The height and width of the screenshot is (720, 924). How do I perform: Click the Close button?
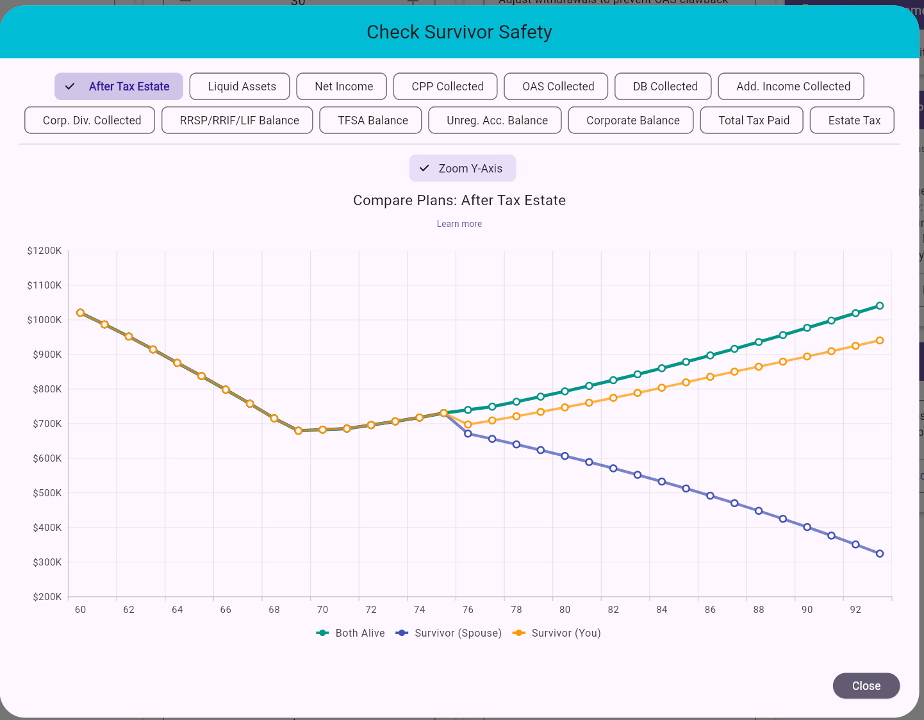point(866,685)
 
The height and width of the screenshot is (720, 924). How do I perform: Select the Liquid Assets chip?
point(242,87)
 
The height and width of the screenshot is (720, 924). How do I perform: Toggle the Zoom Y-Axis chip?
point(462,169)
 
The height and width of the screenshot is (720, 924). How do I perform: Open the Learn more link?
point(459,224)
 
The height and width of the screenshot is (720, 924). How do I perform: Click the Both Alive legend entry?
point(351,633)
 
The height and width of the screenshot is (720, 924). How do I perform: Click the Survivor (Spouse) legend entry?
point(449,633)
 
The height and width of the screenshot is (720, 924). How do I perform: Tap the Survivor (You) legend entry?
point(557,633)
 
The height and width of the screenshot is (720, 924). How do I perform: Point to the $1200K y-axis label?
point(44,251)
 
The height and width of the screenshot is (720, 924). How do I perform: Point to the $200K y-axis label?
point(47,597)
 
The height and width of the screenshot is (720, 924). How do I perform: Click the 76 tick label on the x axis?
point(468,610)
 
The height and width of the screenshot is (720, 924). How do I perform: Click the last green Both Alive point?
point(879,306)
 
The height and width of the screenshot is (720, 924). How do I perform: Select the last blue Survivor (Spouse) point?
point(879,554)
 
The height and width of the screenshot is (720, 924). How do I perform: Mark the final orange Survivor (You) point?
point(879,340)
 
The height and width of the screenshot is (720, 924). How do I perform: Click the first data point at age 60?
point(80,313)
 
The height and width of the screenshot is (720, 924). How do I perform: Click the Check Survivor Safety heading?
point(459,32)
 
